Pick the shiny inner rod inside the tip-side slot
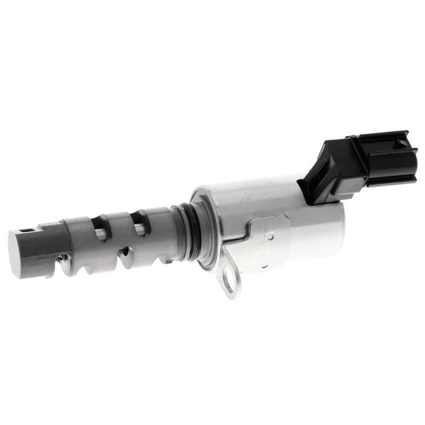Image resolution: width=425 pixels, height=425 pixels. pyautogui.click(x=101, y=233)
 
